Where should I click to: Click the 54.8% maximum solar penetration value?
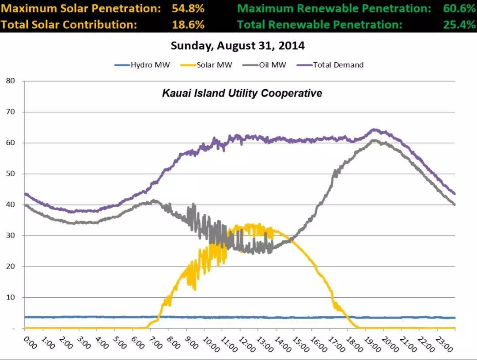(x=188, y=8)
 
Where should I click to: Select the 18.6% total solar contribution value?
(x=188, y=25)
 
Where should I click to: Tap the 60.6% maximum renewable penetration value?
(x=459, y=8)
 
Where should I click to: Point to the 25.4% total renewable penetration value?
(x=459, y=25)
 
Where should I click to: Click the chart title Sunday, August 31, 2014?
(x=238, y=45)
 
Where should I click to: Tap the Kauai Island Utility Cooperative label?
(x=242, y=93)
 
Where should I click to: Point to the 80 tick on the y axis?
(x=11, y=81)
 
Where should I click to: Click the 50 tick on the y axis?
(x=11, y=174)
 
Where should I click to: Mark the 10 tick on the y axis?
(x=11, y=297)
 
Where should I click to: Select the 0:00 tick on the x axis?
(x=30, y=341)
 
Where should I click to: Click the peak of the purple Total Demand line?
(x=375, y=130)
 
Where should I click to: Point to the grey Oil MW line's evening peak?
(x=375, y=141)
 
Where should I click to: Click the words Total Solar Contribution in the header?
(x=68, y=25)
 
